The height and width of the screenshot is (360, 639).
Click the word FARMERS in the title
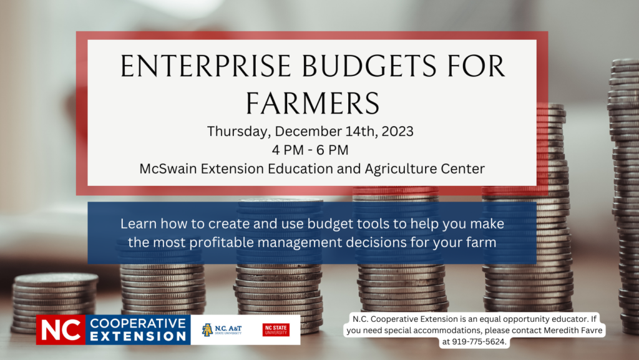pyautogui.click(x=311, y=102)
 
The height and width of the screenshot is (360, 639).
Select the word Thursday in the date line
pyautogui.click(x=238, y=132)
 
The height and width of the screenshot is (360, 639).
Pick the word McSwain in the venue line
pyautogui.click(x=163, y=168)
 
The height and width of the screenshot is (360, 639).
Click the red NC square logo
pyautogui.click(x=60, y=330)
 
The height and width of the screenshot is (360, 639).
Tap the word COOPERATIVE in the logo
pyautogui.click(x=138, y=323)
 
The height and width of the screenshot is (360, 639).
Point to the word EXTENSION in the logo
pyautogui.click(x=138, y=337)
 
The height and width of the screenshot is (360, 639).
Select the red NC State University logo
pyautogui.click(x=276, y=330)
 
